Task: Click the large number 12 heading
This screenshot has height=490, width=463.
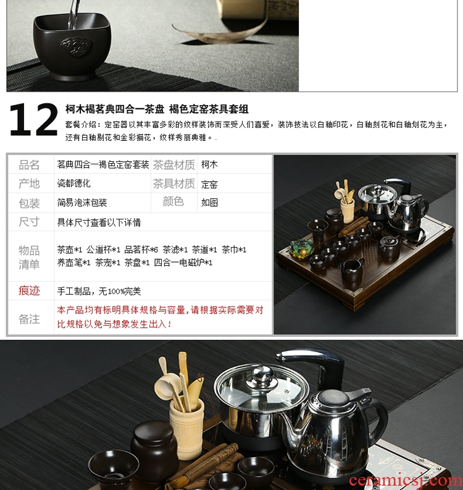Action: click(x=34, y=119)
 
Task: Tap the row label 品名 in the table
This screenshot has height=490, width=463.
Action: click(x=29, y=165)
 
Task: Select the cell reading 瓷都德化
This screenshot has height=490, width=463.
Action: click(x=73, y=183)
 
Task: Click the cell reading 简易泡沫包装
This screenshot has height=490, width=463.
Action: click(x=82, y=203)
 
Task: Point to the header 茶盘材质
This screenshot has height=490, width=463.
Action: click(x=174, y=165)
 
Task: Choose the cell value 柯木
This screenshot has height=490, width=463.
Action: click(x=209, y=164)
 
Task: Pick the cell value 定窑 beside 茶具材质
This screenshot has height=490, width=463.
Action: click(x=209, y=184)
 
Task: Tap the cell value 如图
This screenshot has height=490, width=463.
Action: click(x=209, y=203)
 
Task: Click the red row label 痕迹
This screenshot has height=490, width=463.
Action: click(x=29, y=290)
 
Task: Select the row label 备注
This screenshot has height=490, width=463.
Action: click(x=29, y=319)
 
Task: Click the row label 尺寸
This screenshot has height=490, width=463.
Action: click(x=29, y=222)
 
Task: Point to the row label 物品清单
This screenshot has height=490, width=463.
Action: click(x=29, y=258)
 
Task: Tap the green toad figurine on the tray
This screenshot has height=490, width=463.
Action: click(x=301, y=248)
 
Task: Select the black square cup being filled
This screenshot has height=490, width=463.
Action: click(x=72, y=45)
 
